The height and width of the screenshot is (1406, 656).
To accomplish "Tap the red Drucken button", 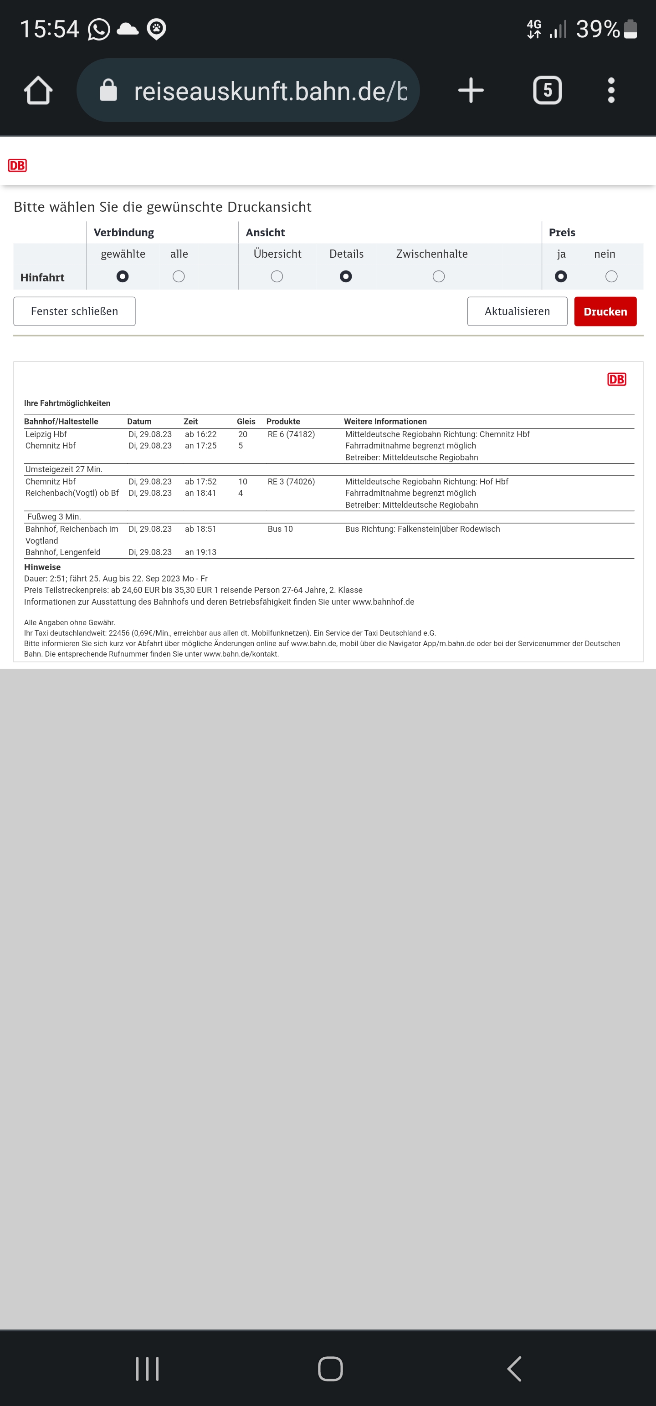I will [x=605, y=311].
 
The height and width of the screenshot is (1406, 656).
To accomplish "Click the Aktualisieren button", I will [x=517, y=311].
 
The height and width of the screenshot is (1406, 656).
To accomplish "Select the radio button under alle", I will [x=179, y=277].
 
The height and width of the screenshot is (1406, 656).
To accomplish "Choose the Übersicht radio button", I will [x=277, y=277].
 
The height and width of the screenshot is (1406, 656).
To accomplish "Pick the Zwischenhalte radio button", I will [x=438, y=277].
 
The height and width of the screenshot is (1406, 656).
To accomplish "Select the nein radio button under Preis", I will [x=611, y=277].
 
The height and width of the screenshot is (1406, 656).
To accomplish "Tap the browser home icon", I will [x=38, y=91].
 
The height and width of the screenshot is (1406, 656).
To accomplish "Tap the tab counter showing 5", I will [x=547, y=91].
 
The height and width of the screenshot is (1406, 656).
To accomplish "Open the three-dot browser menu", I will [x=611, y=91].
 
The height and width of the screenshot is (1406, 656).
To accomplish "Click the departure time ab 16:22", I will [x=200, y=434].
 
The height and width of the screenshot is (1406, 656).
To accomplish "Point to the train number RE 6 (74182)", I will [x=291, y=434].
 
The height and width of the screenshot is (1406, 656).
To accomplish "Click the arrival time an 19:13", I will [x=200, y=552].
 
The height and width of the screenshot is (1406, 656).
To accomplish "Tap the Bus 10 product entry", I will [x=280, y=529].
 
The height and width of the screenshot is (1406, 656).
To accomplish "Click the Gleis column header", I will [x=246, y=421].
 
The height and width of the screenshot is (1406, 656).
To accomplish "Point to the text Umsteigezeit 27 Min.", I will [x=64, y=469].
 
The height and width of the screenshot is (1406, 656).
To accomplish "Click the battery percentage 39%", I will [x=598, y=29].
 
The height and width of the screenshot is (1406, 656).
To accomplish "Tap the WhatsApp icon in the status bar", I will [x=99, y=30].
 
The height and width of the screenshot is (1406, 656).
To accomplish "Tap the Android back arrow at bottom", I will [x=514, y=1369].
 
